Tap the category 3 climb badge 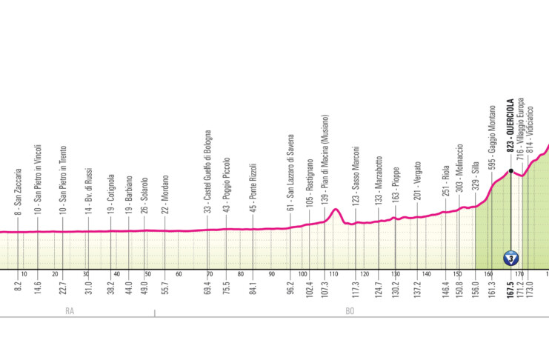pos(510,258)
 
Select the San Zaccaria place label pos(17,194)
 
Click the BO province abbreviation pos(350,312)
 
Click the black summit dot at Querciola pos(510,171)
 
